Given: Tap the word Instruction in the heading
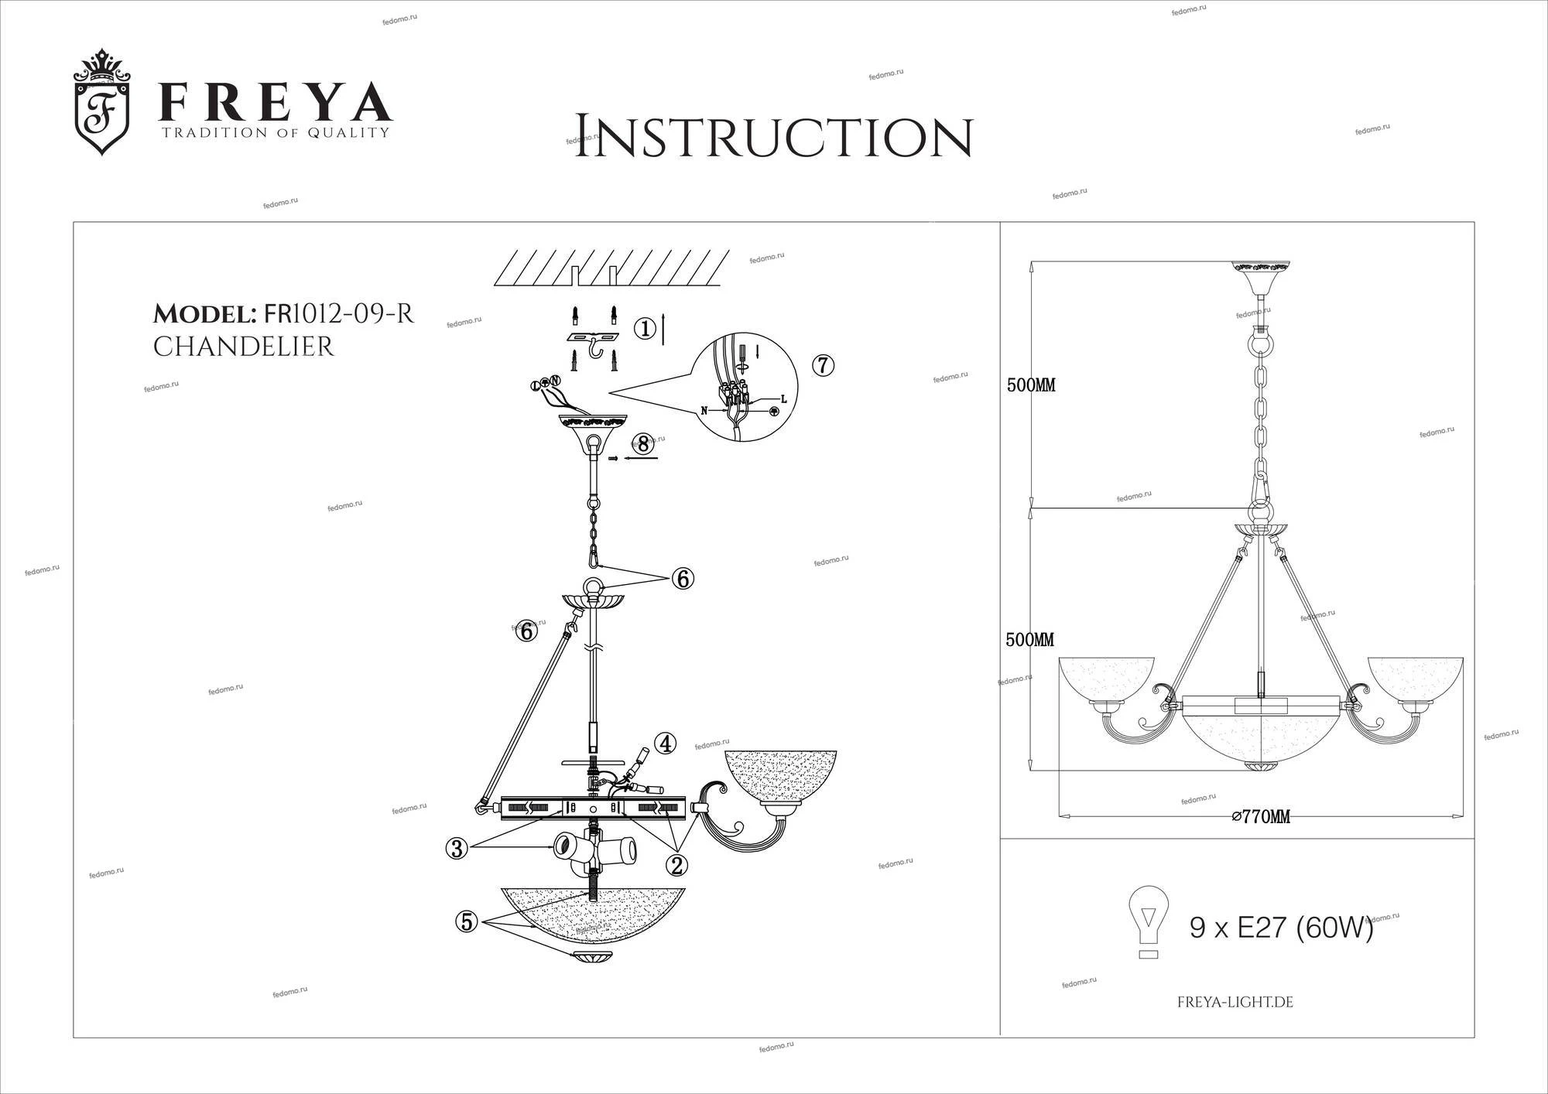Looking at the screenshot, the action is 773,137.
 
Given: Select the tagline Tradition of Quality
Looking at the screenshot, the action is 275,132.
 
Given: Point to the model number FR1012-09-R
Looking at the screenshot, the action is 339,314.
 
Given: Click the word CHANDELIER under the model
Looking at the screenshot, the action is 243,347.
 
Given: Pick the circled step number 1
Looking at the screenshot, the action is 645,330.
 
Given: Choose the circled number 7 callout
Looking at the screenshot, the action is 824,365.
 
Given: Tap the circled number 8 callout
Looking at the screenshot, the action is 643,443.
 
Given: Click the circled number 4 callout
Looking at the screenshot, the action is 665,744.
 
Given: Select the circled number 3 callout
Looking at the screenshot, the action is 457,849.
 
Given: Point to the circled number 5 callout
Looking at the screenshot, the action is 467,921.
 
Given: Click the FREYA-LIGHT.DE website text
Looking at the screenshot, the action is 1235,1003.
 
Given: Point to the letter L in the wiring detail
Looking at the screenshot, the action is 784,399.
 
